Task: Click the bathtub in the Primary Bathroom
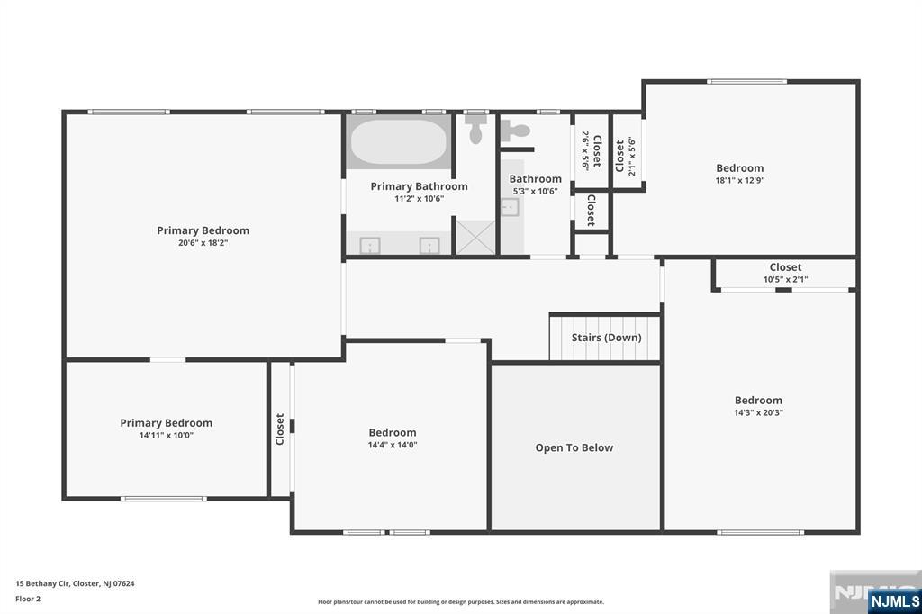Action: [399, 141]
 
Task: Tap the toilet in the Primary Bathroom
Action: [475, 129]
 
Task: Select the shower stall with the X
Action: [475, 238]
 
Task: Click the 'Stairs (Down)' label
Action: [606, 338]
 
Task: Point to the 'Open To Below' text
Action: [574, 447]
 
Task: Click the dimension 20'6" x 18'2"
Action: [203, 243]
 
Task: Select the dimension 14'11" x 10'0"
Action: [167, 435]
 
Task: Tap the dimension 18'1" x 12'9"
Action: [740, 181]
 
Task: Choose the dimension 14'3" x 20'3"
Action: [758, 413]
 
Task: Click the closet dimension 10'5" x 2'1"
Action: [785, 279]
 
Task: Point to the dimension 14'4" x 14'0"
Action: [393, 446]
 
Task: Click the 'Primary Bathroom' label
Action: [420, 186]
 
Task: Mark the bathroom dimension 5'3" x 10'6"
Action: [535, 191]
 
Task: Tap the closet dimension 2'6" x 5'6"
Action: [585, 150]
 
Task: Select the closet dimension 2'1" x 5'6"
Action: [632, 157]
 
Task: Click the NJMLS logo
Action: [894, 601]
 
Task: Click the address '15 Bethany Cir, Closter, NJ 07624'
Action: [75, 584]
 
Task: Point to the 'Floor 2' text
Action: [28, 600]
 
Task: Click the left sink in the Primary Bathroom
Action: [370, 245]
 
